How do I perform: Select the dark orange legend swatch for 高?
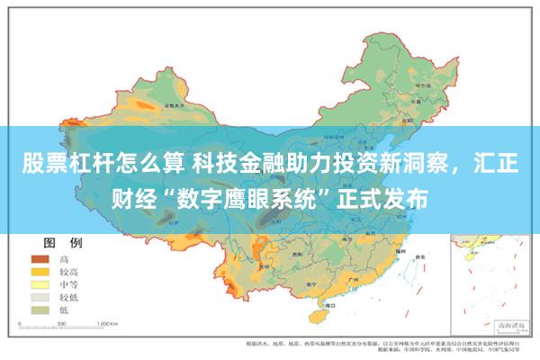pos(40,258)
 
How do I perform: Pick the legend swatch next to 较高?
pos(40,271)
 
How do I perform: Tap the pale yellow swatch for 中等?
pos(40,283)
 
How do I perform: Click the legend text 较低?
pos(69,296)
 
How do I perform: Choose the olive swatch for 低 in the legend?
pos(40,309)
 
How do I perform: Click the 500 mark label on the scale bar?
pos(60,322)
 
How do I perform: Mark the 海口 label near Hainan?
pos(314,306)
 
